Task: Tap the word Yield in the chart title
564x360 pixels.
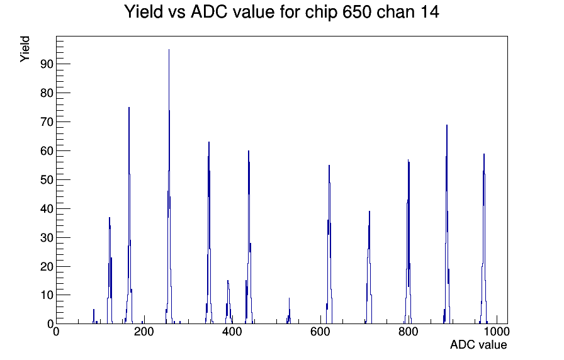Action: [x=144, y=11]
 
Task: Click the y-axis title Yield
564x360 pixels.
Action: [x=25, y=49]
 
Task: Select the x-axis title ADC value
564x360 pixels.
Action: [x=478, y=344]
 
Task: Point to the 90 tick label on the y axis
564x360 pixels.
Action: [x=47, y=64]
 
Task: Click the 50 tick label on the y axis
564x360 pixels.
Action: [x=47, y=179]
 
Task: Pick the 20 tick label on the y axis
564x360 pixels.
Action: [x=47, y=266]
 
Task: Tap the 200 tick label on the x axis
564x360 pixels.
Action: [x=144, y=331]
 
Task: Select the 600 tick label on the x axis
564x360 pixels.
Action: [x=320, y=331]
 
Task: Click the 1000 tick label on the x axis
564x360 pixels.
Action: [x=497, y=331]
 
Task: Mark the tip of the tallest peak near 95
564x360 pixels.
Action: [x=169, y=50]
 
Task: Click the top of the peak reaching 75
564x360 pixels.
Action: [x=129, y=107]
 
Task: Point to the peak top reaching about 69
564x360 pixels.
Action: [x=447, y=125]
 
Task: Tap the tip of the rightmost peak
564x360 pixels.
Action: [x=484, y=154]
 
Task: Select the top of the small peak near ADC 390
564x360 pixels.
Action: [x=228, y=281]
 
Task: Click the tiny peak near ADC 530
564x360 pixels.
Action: [x=289, y=298]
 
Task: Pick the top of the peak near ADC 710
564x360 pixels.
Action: [x=369, y=211]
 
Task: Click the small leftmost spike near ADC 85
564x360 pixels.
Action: [x=94, y=310]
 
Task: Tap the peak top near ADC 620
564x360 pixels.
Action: [x=329, y=166]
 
